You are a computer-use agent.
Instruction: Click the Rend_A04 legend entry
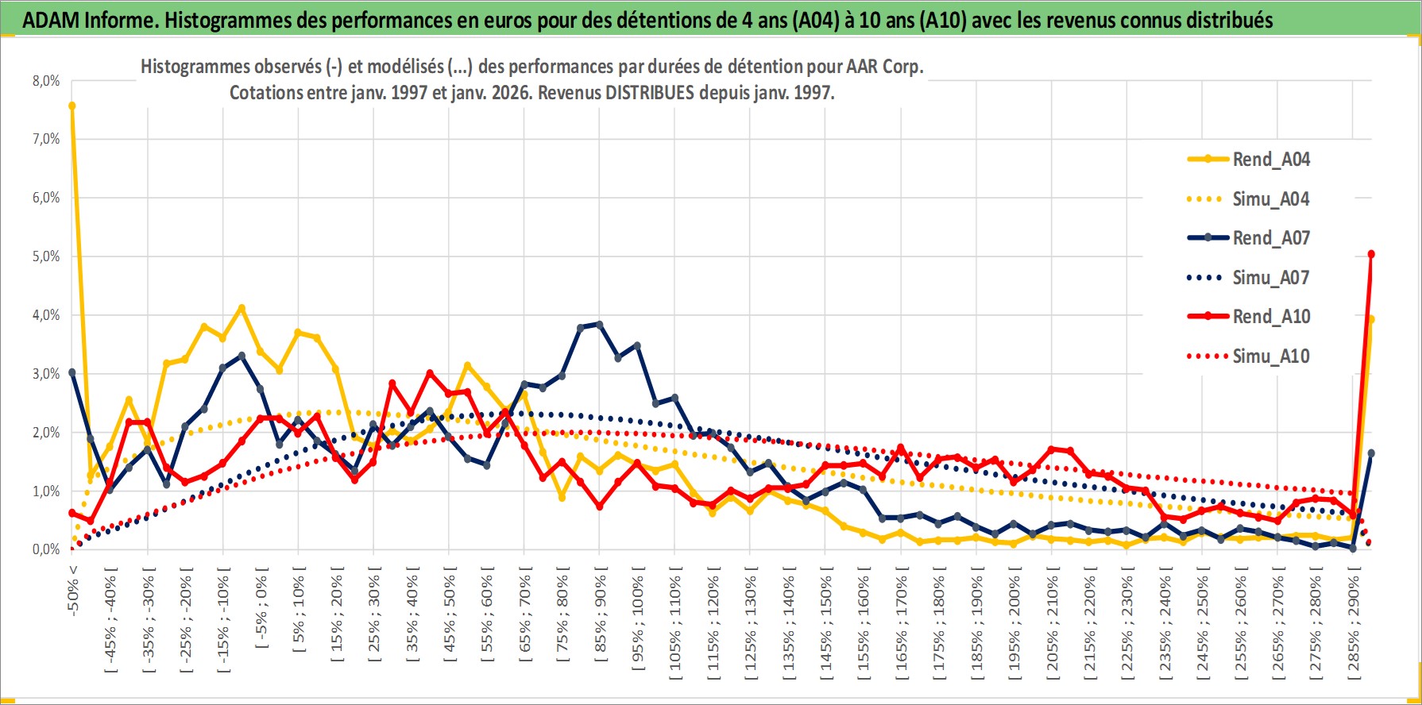1270,160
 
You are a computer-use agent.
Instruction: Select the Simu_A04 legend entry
1270,199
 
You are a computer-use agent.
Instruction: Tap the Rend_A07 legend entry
1270,238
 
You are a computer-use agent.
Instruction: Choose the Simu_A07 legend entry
1270,278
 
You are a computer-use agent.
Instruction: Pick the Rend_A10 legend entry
1270,317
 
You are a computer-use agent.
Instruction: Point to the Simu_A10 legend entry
1270,356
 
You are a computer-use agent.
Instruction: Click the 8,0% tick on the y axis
46,81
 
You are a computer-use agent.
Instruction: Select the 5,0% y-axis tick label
46,256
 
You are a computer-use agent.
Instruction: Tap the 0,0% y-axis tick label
46,549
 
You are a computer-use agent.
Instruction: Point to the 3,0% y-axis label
46,374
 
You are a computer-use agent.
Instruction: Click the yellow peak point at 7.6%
72,106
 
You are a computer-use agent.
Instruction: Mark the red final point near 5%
1371,255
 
